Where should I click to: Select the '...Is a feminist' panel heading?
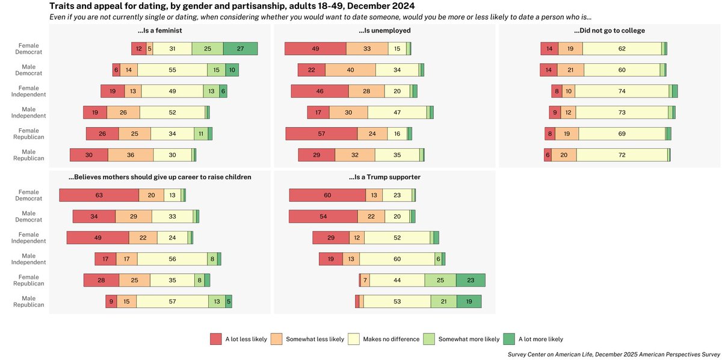159,30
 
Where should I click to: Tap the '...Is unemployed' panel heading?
384,30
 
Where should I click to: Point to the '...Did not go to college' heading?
609,30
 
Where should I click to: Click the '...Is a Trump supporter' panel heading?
384,177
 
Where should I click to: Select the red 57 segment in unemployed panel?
321,134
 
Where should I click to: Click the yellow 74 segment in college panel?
626,91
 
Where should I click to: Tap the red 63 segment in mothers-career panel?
99,195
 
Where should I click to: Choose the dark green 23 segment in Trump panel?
471,280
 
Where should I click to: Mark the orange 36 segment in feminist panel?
130,155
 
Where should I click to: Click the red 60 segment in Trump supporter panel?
327,195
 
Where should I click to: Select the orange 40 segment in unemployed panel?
350,70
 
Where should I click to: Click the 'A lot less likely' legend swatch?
215,339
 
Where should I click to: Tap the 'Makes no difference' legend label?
391,339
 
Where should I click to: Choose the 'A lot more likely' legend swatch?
508,339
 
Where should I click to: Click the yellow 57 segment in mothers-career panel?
172,301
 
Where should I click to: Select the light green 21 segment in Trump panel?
443,301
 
